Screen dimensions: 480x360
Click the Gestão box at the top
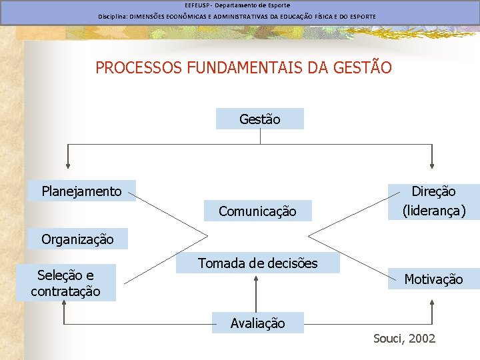point(260,119)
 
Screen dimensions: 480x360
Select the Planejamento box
point(82,191)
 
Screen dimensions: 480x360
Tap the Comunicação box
point(257,211)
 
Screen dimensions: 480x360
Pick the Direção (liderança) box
point(433,201)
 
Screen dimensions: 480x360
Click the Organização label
point(77,239)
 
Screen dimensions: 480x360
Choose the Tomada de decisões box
point(257,263)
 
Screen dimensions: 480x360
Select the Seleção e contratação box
point(65,283)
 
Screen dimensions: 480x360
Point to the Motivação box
point(433,279)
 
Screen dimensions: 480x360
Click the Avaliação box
point(257,323)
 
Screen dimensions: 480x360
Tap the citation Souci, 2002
point(404,339)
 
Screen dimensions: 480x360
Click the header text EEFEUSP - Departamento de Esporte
point(237,5)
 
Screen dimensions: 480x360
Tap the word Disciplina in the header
point(113,16)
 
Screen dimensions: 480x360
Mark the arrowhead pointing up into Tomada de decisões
point(256,280)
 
